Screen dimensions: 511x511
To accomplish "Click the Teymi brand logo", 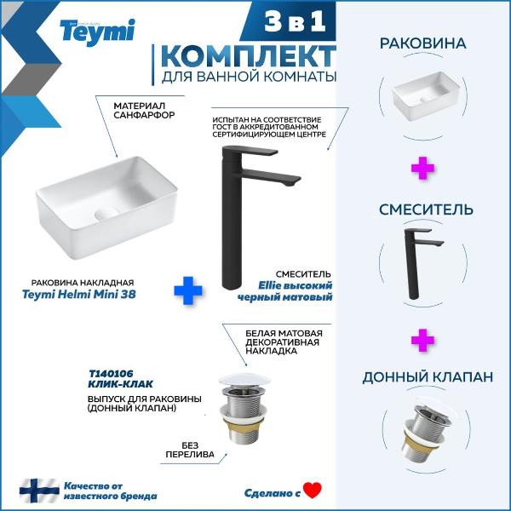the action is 97,32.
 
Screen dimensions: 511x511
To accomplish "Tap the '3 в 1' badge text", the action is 295,22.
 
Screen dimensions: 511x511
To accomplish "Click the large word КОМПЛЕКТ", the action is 249,56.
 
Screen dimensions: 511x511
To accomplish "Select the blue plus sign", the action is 188,290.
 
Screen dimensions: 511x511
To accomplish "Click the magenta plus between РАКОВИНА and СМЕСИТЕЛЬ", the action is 422,168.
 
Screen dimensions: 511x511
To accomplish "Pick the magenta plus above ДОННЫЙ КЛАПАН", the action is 422,340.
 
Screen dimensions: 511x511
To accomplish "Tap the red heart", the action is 313,491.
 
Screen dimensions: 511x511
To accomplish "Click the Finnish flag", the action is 39,491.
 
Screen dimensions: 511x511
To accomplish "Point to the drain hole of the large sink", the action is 106,214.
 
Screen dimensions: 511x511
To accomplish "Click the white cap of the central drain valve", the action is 244,380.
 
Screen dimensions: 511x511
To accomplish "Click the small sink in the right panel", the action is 426,95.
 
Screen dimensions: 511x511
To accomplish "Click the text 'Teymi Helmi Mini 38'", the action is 79,295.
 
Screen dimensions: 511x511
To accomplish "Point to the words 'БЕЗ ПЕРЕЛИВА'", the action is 190,450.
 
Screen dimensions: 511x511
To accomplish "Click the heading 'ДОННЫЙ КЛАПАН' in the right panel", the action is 428,377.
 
